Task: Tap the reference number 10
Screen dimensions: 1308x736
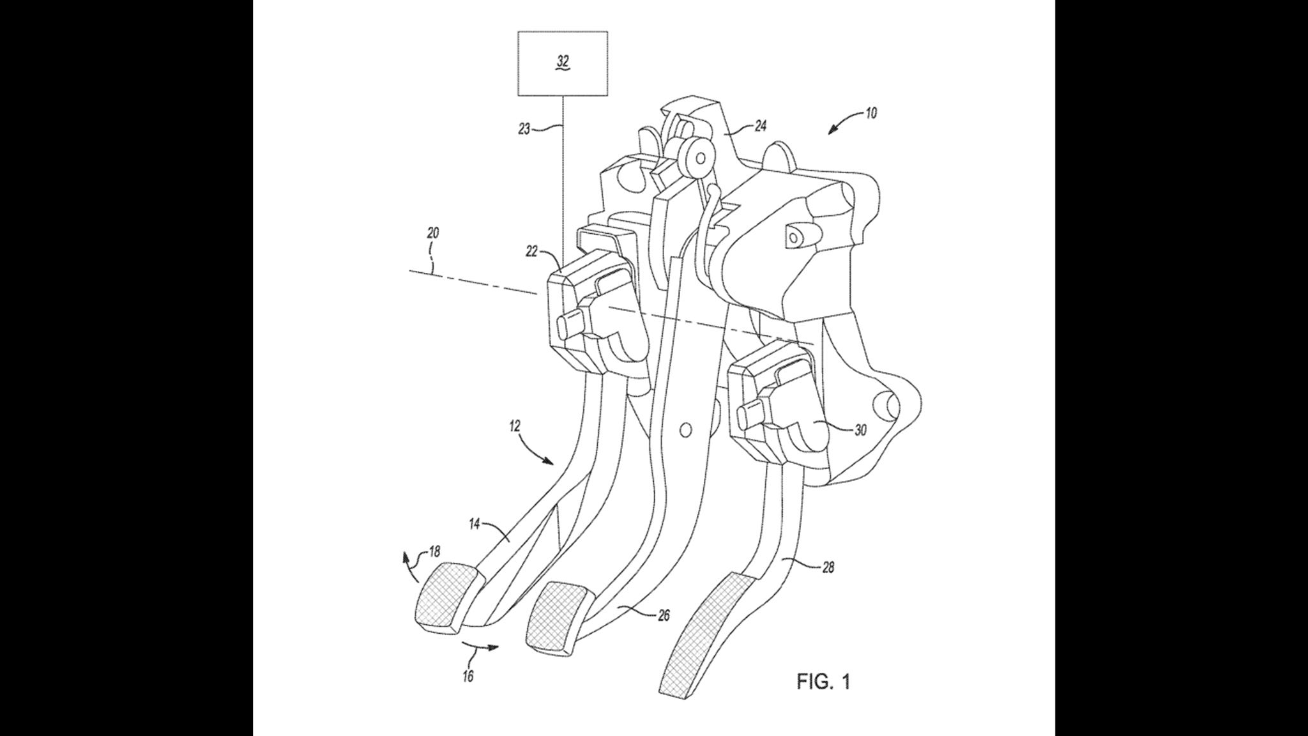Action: [871, 113]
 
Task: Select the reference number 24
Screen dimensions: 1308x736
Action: [760, 126]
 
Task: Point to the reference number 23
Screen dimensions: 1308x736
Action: [524, 129]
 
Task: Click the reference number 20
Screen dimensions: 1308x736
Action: [432, 233]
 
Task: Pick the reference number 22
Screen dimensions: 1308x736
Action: [532, 252]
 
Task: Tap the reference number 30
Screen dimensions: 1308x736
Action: [860, 430]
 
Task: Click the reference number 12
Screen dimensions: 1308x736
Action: [515, 425]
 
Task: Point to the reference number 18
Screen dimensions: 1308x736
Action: [434, 551]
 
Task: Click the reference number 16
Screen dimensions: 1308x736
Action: [468, 676]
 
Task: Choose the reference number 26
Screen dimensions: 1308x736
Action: [664, 615]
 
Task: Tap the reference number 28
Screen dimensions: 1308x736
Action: [828, 567]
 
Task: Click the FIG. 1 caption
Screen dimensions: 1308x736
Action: [823, 682]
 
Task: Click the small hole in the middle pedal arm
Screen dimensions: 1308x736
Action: [685, 430]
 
